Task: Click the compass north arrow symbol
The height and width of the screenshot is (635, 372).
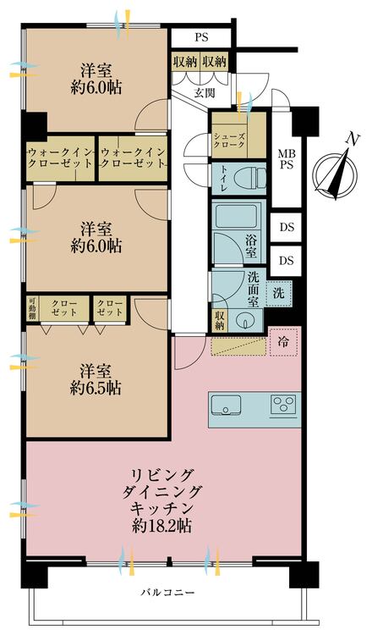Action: click(x=336, y=174)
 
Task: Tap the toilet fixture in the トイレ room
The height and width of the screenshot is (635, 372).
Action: click(x=250, y=179)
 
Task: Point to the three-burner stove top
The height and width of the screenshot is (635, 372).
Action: click(x=283, y=404)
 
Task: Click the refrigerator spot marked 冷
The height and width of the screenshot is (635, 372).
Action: click(x=283, y=342)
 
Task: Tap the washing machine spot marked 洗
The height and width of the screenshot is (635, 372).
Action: click(x=279, y=293)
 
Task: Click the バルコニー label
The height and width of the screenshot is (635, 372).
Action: click(x=167, y=593)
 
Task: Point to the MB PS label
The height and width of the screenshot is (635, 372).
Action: click(x=287, y=159)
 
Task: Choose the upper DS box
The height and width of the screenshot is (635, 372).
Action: click(x=287, y=228)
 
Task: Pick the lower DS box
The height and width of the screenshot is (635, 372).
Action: click(x=287, y=261)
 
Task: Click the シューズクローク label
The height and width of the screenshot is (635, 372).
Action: click(x=229, y=140)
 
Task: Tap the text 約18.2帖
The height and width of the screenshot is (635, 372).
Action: click(x=161, y=526)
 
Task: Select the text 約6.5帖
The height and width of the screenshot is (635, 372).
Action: click(x=96, y=388)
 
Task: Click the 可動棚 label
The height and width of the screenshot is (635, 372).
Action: click(x=32, y=311)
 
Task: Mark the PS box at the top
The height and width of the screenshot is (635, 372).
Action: click(x=201, y=37)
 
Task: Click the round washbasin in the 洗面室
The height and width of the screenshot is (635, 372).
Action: click(x=243, y=320)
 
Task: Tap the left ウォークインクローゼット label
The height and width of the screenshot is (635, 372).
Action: click(x=61, y=158)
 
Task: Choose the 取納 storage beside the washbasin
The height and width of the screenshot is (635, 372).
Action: click(x=220, y=321)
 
